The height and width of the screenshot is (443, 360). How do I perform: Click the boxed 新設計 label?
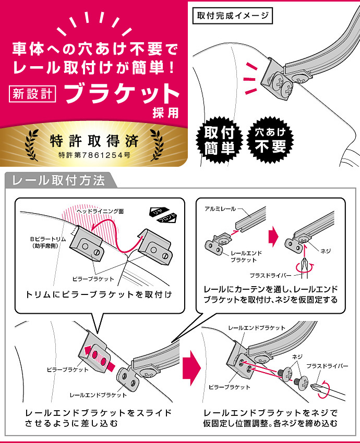pyautogui.click(x=32, y=93)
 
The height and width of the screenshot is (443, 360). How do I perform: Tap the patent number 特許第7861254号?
pyautogui.click(x=94, y=155)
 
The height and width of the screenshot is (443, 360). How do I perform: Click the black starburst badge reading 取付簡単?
pyautogui.click(x=220, y=140)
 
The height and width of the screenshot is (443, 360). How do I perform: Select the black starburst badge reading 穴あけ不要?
pyautogui.click(x=270, y=140)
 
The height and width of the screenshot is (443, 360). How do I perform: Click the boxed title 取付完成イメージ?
pyautogui.click(x=233, y=16)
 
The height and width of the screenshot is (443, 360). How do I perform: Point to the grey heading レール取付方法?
pyautogui.click(x=58, y=180)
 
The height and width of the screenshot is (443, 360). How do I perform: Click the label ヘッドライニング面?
pyautogui.click(x=100, y=211)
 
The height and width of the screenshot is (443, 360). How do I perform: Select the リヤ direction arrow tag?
pyautogui.click(x=159, y=212)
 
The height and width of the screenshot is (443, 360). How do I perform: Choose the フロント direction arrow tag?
pyautogui.click(x=166, y=218)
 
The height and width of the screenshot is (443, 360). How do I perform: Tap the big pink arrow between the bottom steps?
pyautogui.click(x=191, y=368)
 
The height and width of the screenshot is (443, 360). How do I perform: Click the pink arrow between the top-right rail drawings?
pyautogui.click(x=273, y=236)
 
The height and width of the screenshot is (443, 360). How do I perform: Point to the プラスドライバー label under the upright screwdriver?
pyautogui.click(x=270, y=275)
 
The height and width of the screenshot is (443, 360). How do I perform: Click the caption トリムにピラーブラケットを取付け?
pyautogui.click(x=99, y=294)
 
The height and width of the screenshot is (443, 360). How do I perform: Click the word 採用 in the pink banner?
pyautogui.click(x=166, y=113)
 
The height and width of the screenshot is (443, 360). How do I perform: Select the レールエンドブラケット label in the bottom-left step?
pyautogui.click(x=98, y=395)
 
